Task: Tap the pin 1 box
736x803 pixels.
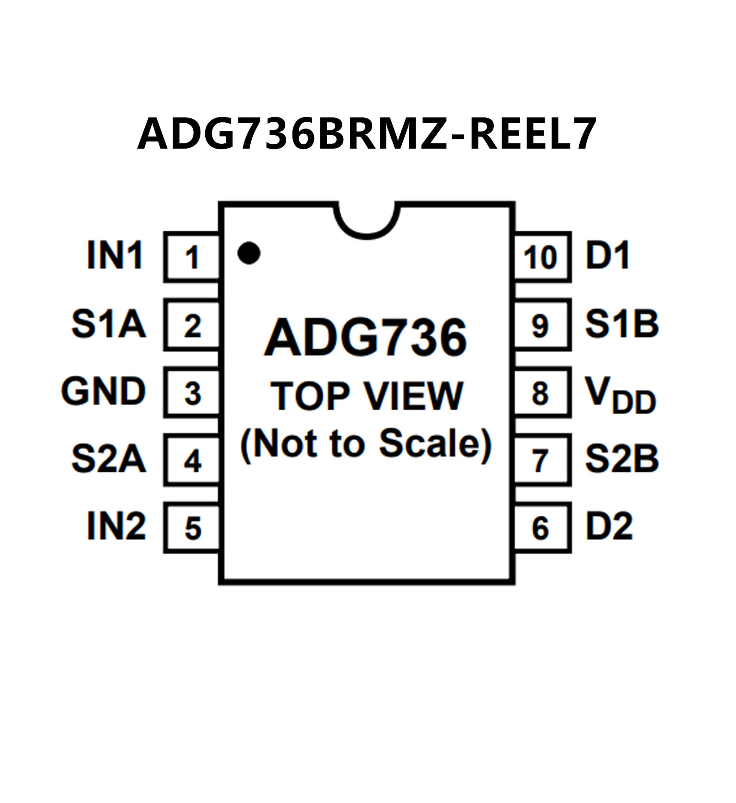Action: coord(192,257)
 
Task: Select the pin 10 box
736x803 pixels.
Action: coord(541,257)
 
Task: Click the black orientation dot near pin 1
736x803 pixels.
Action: coord(249,253)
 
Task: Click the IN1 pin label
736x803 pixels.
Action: coord(115,255)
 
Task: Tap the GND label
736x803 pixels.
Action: coord(103,391)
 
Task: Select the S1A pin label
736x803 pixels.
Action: coord(108,324)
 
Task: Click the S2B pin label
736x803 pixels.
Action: coord(622,459)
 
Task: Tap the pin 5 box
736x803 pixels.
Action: coord(192,528)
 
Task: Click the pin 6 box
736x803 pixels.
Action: coord(541,528)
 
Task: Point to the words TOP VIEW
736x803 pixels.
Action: coord(367,396)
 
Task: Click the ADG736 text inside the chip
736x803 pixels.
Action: coord(365,337)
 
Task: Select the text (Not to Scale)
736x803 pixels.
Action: coord(366,443)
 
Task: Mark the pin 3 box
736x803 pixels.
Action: coord(192,393)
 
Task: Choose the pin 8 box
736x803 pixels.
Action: coord(541,393)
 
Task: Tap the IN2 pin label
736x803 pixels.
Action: coord(116,526)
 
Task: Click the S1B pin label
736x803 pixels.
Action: coord(622,324)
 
